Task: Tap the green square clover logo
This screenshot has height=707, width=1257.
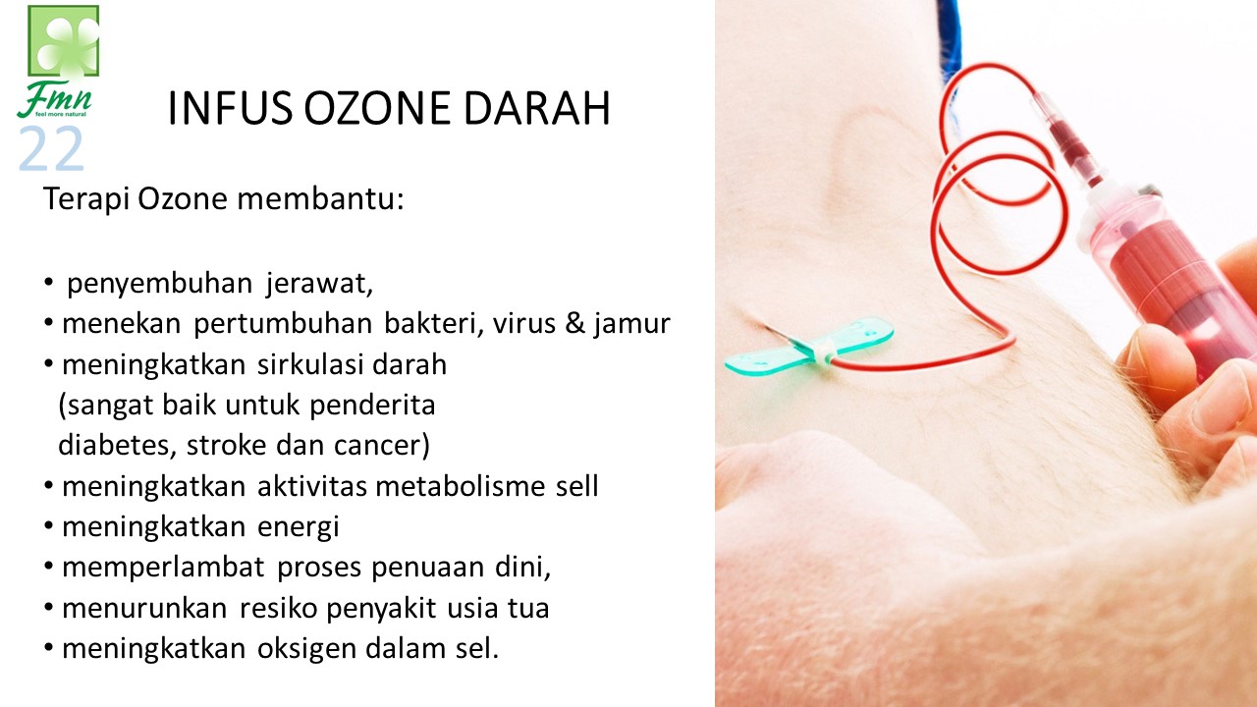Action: [x=64, y=41]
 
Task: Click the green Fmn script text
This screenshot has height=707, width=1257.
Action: [x=54, y=98]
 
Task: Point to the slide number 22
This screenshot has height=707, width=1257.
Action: [x=51, y=148]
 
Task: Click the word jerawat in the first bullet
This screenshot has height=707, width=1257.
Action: [x=320, y=284]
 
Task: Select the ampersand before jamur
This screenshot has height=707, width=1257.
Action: [x=575, y=323]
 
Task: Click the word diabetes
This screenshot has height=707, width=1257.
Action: [x=117, y=446]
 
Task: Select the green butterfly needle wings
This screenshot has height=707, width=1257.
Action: [x=809, y=346]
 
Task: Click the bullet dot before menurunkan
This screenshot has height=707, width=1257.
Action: [x=49, y=608]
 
